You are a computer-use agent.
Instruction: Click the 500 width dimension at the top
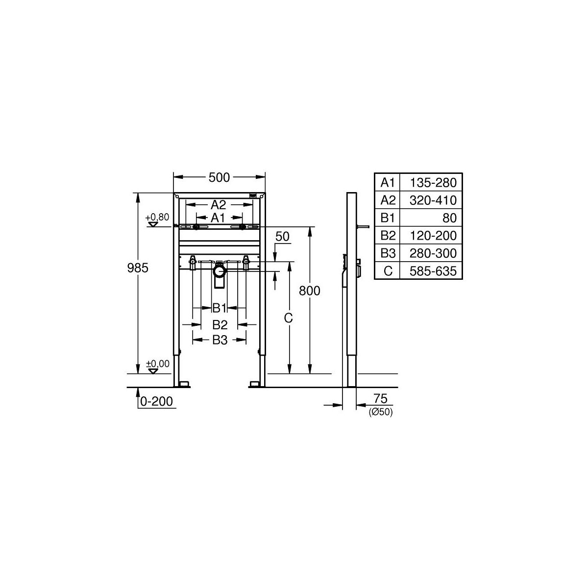coord(219,177)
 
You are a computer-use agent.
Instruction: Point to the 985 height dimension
coord(138,268)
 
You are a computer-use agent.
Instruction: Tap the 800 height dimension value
coord(309,291)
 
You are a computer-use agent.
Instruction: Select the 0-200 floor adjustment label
coord(156,401)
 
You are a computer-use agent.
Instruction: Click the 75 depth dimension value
coord(380,398)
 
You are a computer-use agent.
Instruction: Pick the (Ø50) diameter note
coord(381,412)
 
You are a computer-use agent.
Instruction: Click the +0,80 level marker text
coord(157,217)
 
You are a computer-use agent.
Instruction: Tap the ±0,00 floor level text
coord(157,364)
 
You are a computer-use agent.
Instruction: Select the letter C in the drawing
coord(288,318)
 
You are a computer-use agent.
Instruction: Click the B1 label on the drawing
coord(219,308)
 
